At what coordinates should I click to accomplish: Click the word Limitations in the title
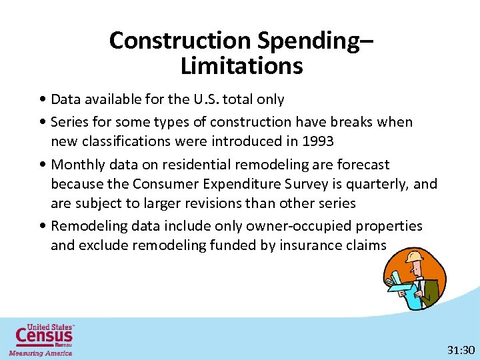[241, 66]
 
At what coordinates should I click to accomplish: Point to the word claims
[367, 245]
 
